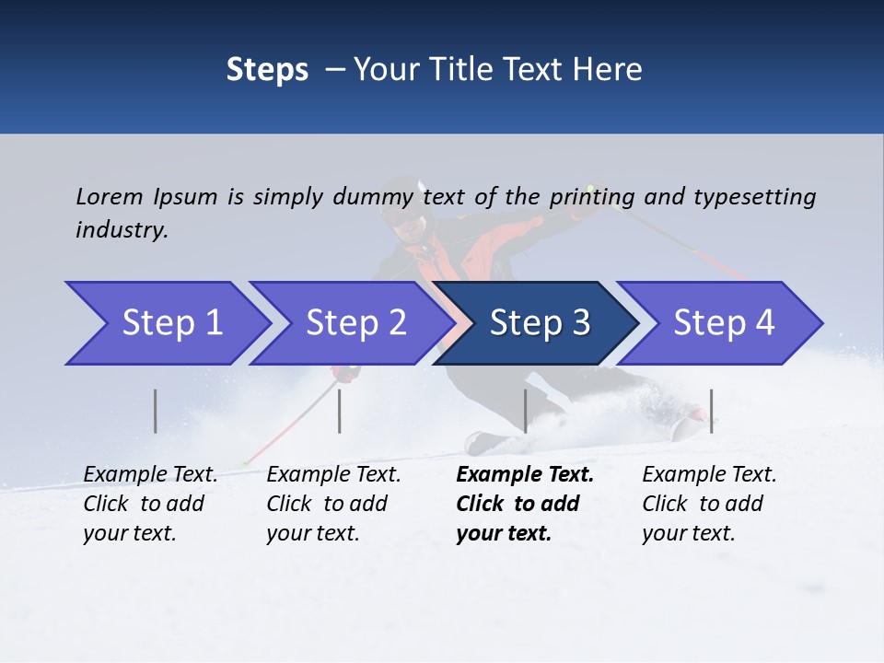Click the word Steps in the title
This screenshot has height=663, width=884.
pyautogui.click(x=267, y=70)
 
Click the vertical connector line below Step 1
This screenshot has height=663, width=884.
pyautogui.click(x=156, y=411)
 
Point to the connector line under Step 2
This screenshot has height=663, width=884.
pyautogui.click(x=340, y=411)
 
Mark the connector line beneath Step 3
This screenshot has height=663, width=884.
pyautogui.click(x=525, y=411)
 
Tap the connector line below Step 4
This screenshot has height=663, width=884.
pyautogui.click(x=711, y=411)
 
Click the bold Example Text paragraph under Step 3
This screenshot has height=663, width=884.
pyautogui.click(x=525, y=504)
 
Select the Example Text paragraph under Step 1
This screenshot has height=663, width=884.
pyautogui.click(x=150, y=504)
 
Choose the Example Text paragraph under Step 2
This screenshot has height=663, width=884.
pyautogui.click(x=333, y=504)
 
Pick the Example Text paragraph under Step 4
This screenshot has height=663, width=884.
pyautogui.click(x=709, y=504)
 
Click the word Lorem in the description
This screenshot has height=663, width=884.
pyautogui.click(x=110, y=196)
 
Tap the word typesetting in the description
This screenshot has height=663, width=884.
pyautogui.click(x=754, y=196)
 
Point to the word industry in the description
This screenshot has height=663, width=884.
pyautogui.click(x=122, y=229)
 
